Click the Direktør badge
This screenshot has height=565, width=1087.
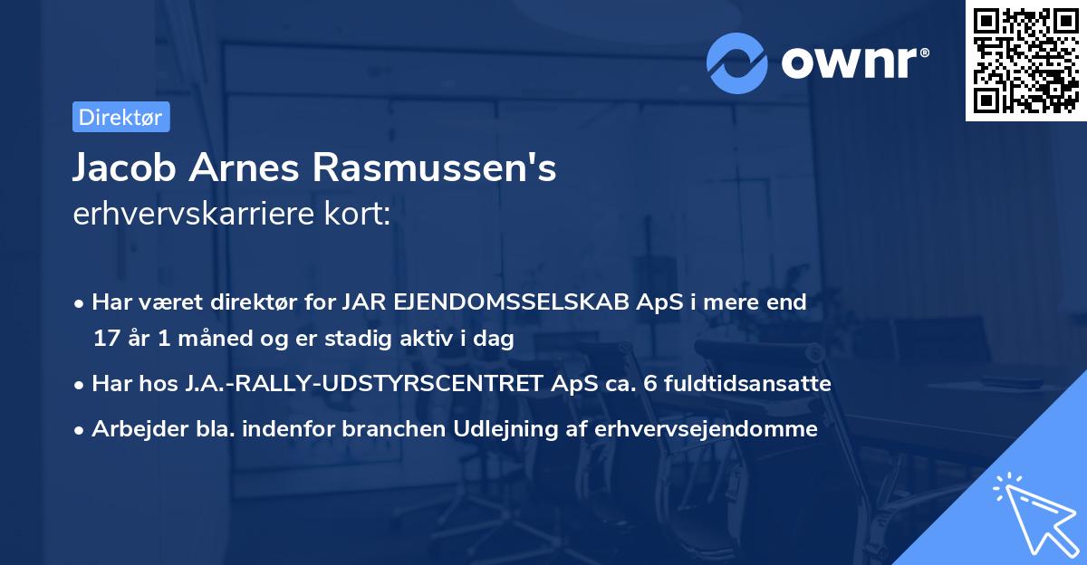click(x=120, y=118)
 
